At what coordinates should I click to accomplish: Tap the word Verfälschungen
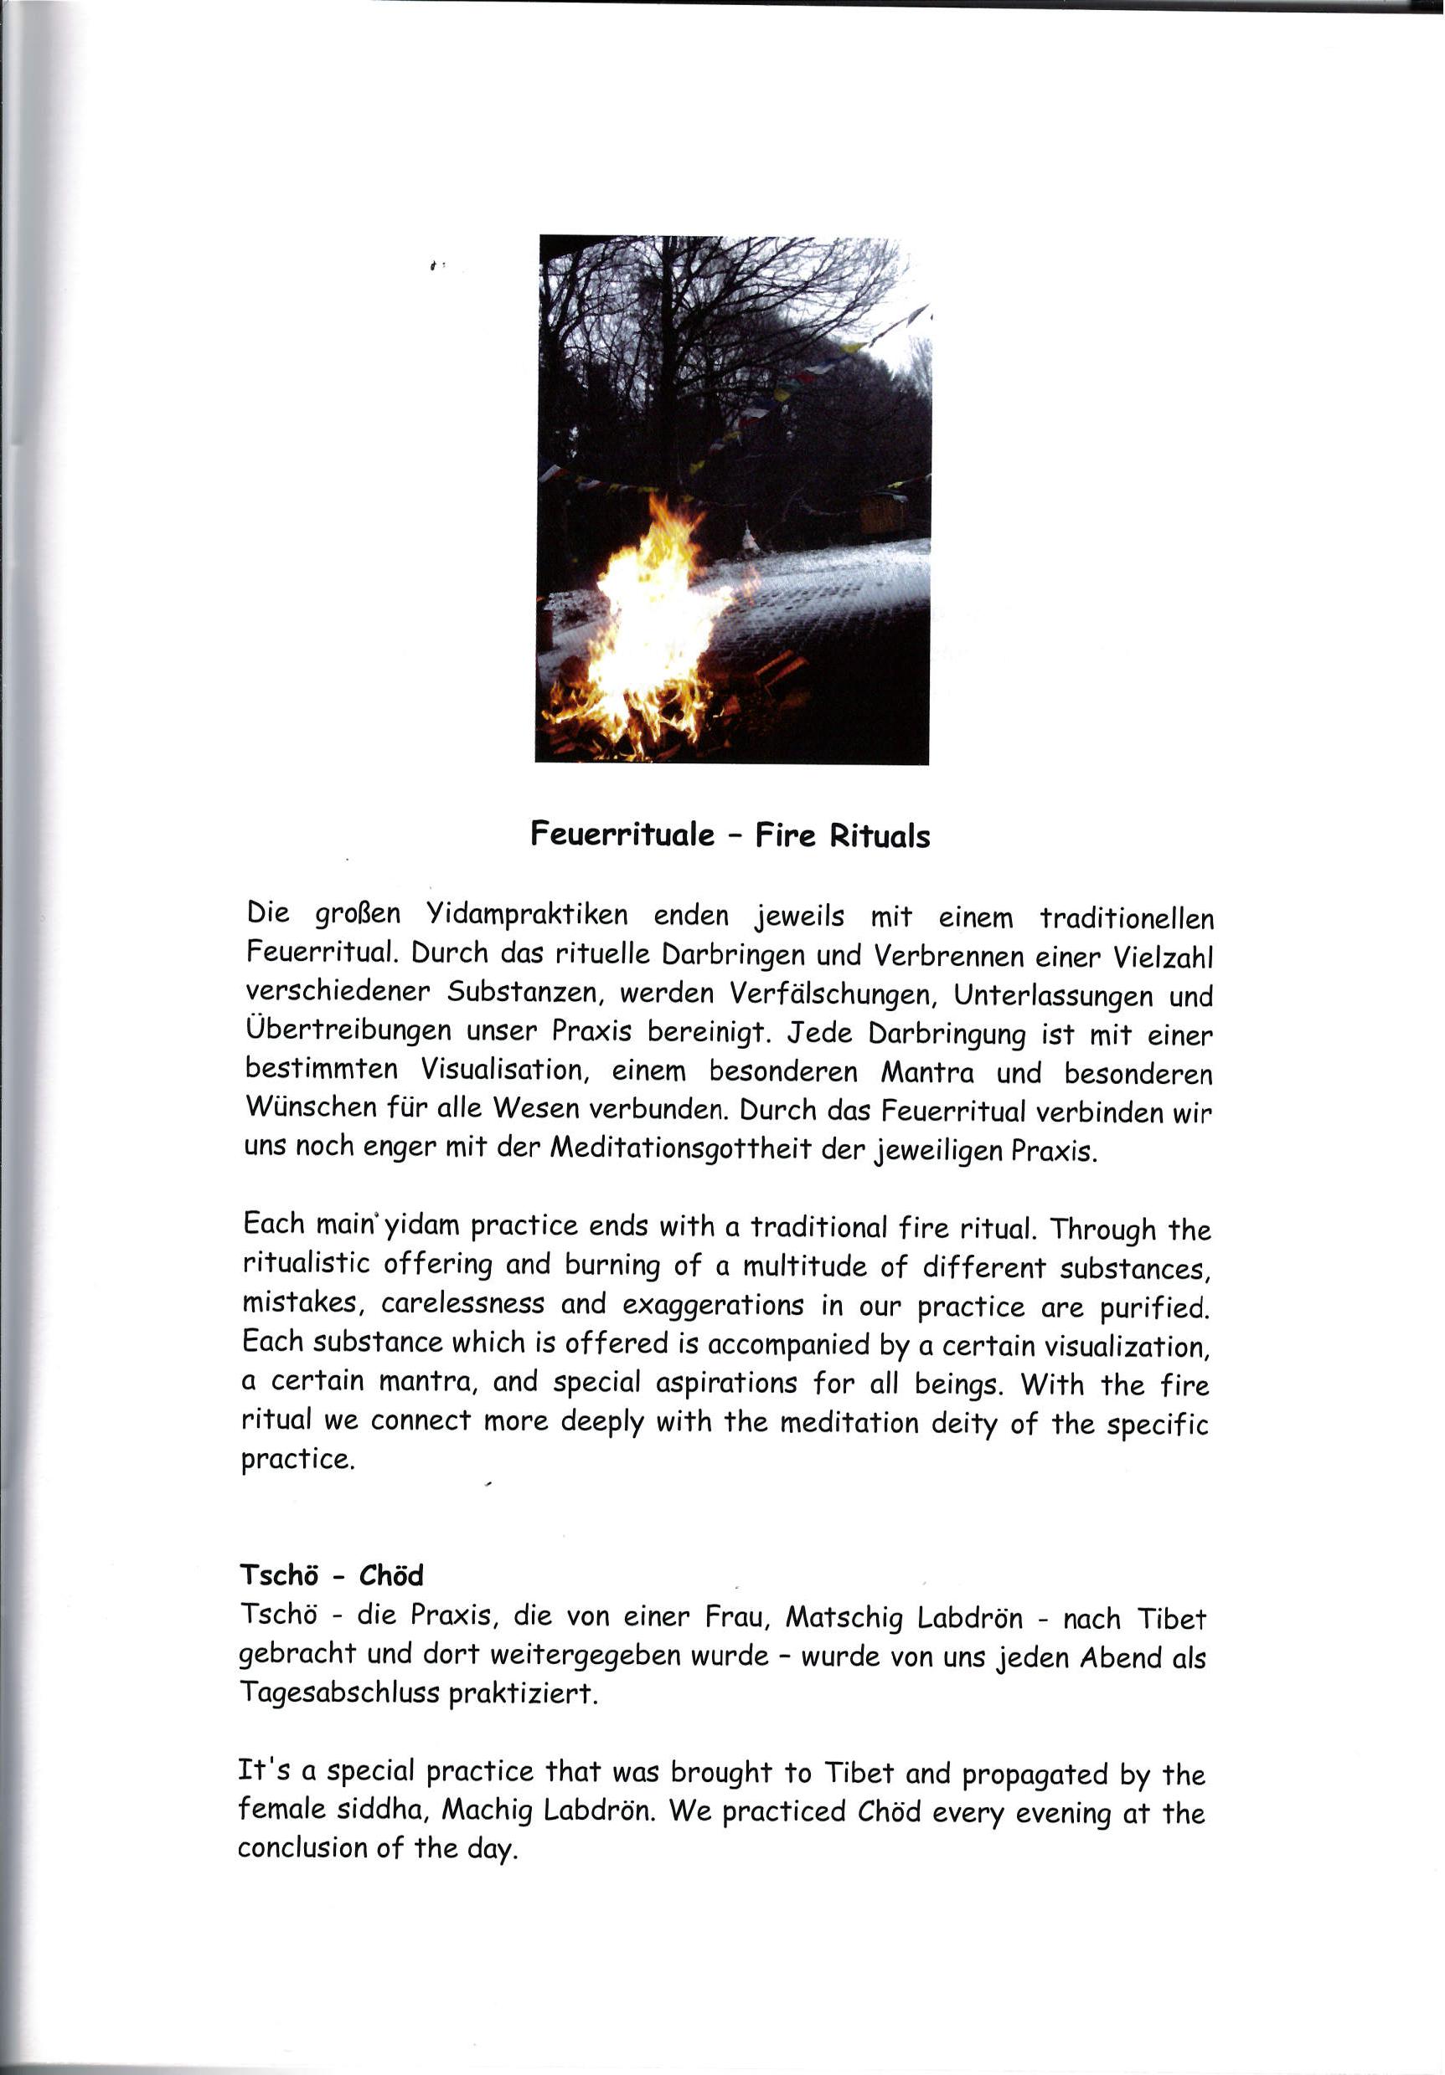tap(829, 994)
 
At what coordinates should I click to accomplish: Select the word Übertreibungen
tap(348, 1030)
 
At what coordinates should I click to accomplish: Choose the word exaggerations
tap(713, 1306)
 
